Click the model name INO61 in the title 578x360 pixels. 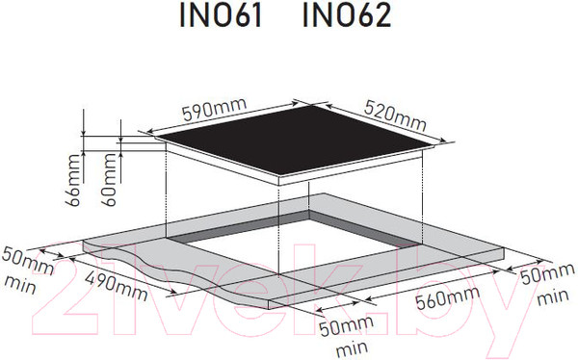tap(221, 16)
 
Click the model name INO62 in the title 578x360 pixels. tap(347, 16)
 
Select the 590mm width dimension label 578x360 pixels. tap(215, 109)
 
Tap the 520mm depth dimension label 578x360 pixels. tap(395, 116)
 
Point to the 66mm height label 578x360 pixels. tap(72, 180)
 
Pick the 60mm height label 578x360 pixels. tap(109, 180)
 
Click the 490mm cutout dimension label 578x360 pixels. tap(117, 282)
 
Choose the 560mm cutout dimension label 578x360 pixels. tap(448, 297)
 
